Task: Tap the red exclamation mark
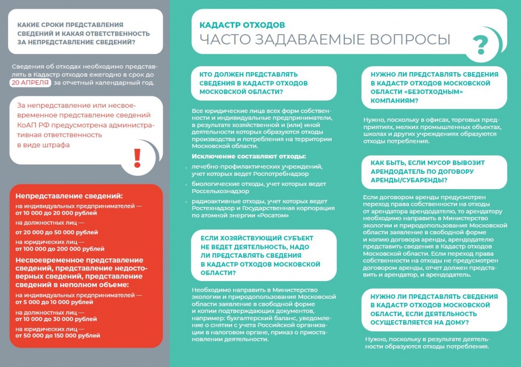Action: point(136,158)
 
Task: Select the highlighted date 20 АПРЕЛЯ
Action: point(30,82)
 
